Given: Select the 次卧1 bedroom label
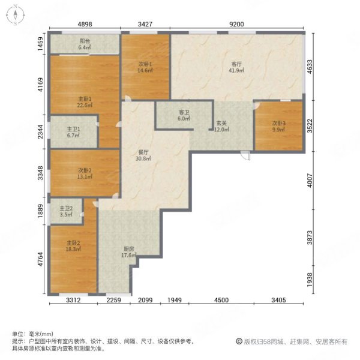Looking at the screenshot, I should (x=146, y=63).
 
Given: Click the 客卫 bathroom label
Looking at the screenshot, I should (x=184, y=112).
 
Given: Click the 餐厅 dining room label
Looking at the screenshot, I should (x=142, y=153).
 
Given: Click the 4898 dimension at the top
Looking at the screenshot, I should (x=85, y=25).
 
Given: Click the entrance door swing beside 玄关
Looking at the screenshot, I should (x=244, y=154).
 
